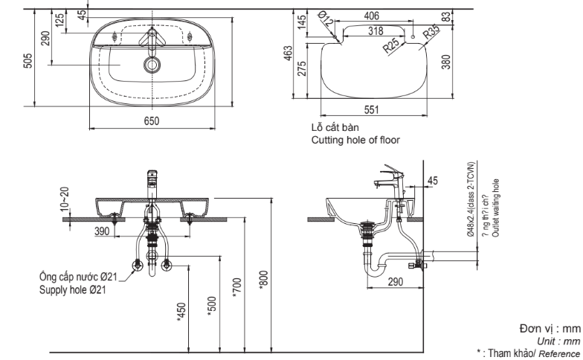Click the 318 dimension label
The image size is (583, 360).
(375, 30)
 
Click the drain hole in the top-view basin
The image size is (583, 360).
(153, 65)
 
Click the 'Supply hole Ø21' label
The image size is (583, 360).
(71, 290)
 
